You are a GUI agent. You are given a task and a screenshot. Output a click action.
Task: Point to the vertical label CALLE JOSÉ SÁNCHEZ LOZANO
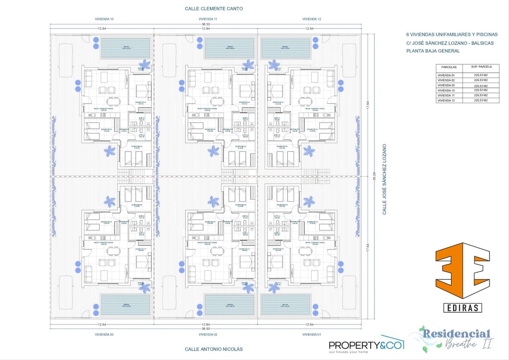click(x=384, y=180)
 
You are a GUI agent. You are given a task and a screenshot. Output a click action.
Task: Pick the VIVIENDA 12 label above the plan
click(x=312, y=19)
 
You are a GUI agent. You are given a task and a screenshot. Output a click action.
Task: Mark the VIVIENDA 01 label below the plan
click(x=312, y=335)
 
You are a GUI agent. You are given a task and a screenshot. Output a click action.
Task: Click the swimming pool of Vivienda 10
click(x=126, y=48)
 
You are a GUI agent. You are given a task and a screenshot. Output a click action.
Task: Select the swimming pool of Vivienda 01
click(x=286, y=305)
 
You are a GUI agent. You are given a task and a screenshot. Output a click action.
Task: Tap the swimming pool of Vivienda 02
click(x=229, y=305)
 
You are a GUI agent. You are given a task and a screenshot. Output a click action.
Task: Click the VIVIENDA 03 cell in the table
click(x=446, y=86)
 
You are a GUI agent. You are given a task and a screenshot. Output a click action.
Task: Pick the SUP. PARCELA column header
click(x=481, y=67)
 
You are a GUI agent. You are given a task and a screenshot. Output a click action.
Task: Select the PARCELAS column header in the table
click(x=449, y=67)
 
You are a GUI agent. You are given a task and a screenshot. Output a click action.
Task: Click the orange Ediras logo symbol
click(x=462, y=270)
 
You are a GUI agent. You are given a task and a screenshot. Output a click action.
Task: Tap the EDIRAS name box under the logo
click(x=462, y=307)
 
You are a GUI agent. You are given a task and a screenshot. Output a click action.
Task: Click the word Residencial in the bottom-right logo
click(x=455, y=334)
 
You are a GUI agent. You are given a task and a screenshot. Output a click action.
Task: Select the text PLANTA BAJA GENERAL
click(x=433, y=51)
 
